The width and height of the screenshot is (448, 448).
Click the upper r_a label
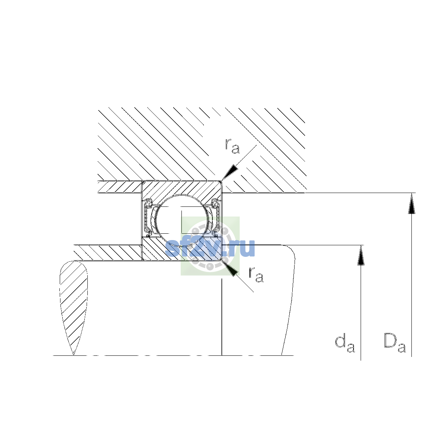(x=232, y=146)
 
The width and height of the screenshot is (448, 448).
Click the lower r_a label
(x=256, y=274)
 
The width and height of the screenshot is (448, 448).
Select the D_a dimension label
(x=395, y=346)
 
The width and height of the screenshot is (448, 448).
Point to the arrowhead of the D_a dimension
(x=411, y=203)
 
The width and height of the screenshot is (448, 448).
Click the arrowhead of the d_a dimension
(x=361, y=255)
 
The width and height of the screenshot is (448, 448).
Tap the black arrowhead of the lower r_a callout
(x=230, y=268)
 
